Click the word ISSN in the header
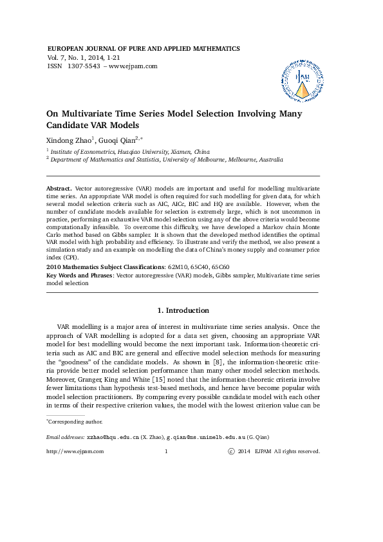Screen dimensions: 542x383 pos(55,66)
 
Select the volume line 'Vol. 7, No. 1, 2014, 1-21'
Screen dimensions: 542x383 pos(84,57)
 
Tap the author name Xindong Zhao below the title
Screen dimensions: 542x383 pos(69,140)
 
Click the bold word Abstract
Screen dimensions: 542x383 pos(59,187)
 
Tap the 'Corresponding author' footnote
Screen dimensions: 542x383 pos(75,422)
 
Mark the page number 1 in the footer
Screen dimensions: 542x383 pos(166,452)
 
